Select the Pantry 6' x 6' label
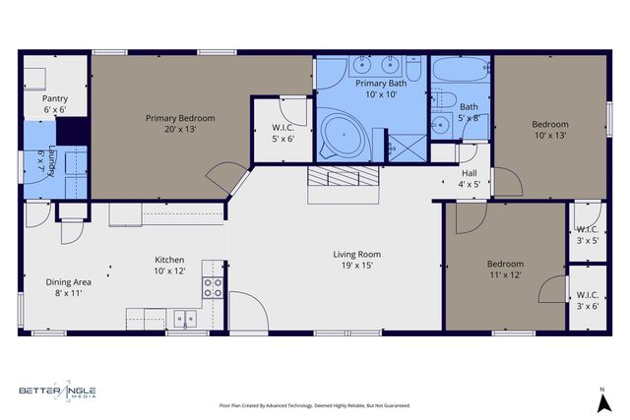click(x=54, y=104)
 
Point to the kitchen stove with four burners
click(x=214, y=287)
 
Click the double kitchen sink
click(x=184, y=318)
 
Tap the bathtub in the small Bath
click(x=462, y=73)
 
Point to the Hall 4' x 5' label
click(x=470, y=177)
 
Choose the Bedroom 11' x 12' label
click(x=505, y=270)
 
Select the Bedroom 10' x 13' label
click(x=550, y=130)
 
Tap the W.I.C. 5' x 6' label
click(x=283, y=133)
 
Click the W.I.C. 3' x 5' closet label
click(x=588, y=233)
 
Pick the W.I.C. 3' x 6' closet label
click(x=588, y=300)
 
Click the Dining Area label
click(x=68, y=287)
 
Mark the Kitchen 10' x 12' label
click(x=169, y=265)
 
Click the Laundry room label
click(x=41, y=158)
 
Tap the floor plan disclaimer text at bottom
click(x=314, y=405)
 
